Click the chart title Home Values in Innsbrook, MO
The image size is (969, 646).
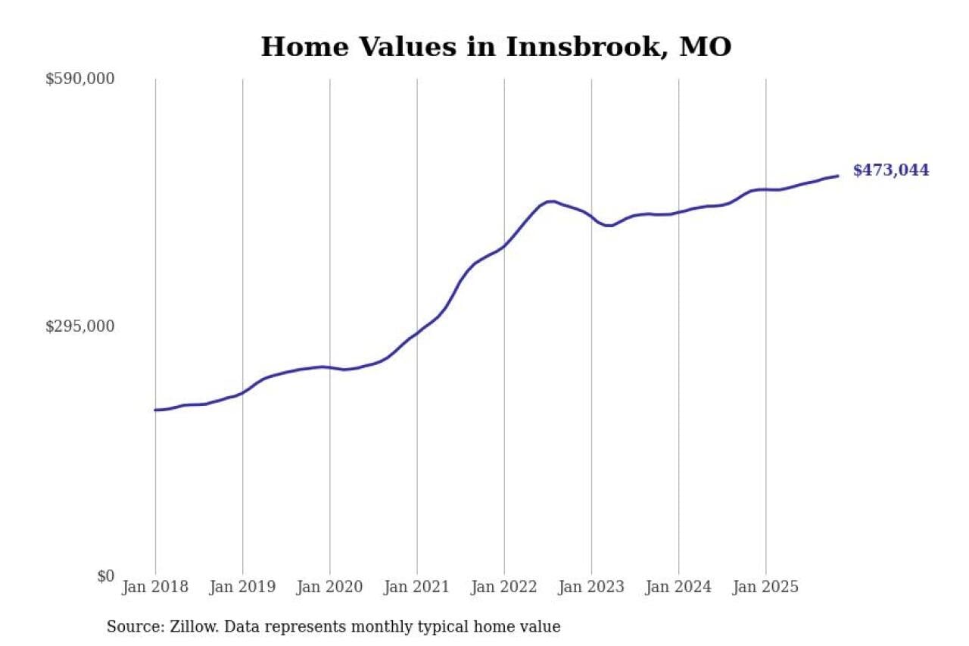coord(496,47)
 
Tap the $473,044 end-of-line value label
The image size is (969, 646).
coord(890,170)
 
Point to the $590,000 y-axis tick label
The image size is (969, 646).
coord(79,79)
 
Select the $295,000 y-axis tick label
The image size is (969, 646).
coord(79,326)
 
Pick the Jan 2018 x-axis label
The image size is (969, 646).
coord(155,587)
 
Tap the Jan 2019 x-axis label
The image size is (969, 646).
coord(242,587)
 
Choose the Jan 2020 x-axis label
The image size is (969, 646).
coord(329,587)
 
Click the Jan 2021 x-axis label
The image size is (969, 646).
coord(416,587)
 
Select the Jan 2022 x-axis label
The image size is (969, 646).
coord(504,587)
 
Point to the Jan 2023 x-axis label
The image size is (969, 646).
coord(591,587)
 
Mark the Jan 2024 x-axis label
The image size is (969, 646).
coord(678,587)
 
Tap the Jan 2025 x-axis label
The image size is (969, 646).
coord(765,587)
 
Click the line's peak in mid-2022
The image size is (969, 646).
coord(551,201)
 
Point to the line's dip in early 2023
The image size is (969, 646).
coord(608,226)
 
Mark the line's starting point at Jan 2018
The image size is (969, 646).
coord(155,410)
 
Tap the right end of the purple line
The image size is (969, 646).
coord(837,176)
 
